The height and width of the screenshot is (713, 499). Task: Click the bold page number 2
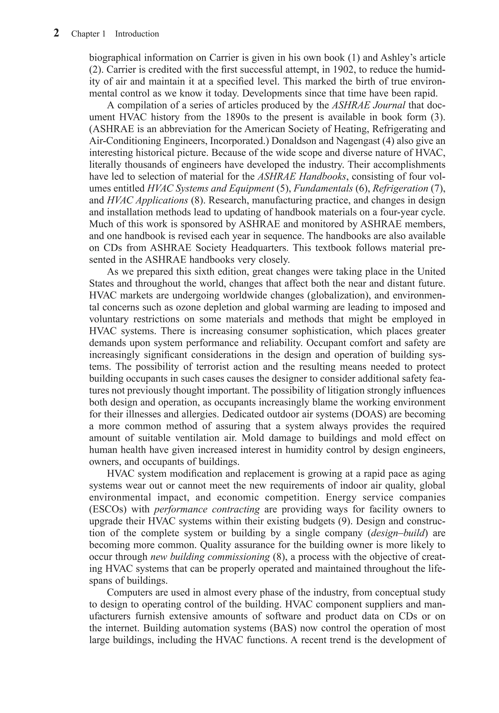click(x=56, y=33)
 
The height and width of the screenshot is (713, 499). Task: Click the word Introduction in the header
click(x=137, y=34)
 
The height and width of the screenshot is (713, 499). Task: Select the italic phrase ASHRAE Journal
click(x=369, y=105)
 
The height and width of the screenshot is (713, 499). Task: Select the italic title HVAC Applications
click(x=147, y=200)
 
